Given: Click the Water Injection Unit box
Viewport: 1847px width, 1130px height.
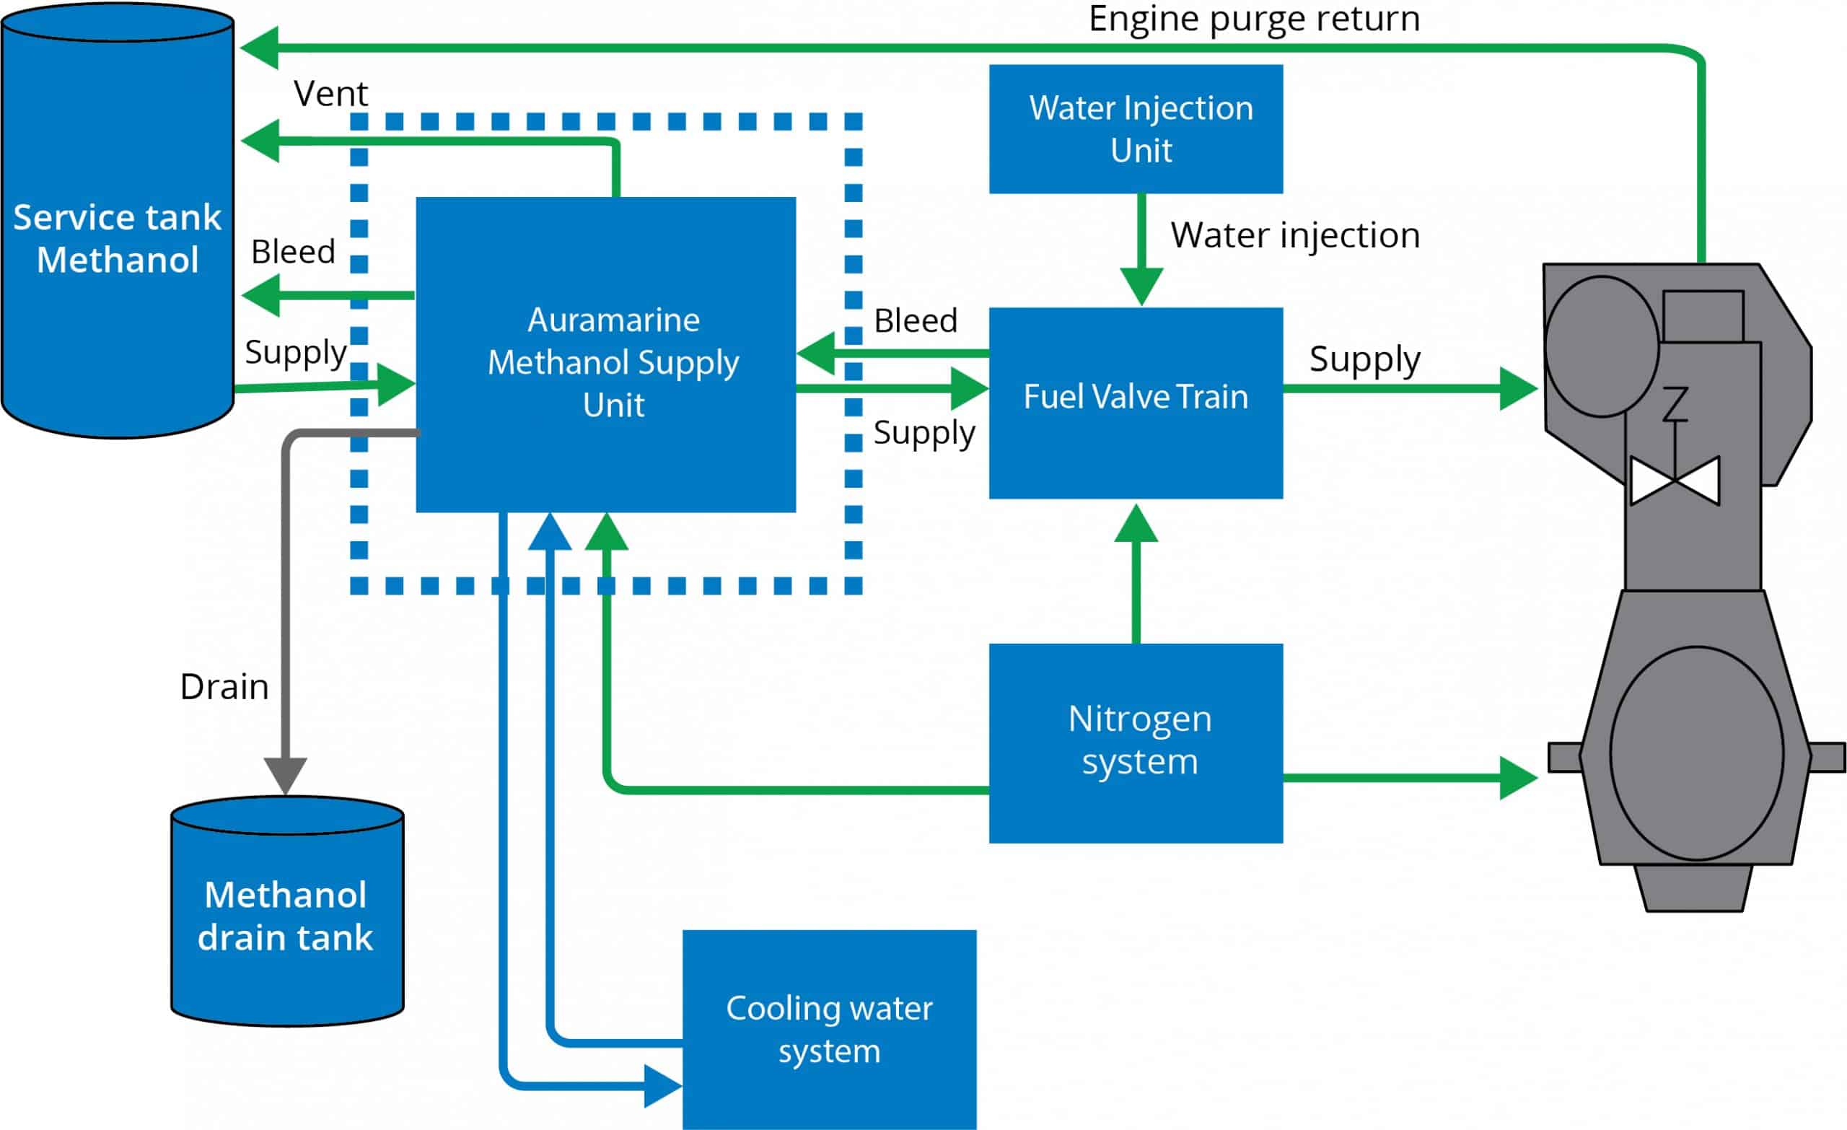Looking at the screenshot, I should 1136,129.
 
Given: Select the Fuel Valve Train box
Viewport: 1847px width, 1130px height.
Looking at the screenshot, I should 1136,403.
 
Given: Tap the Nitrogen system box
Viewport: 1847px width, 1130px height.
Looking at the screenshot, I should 1136,743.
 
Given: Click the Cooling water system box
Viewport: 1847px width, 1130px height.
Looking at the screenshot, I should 829,1029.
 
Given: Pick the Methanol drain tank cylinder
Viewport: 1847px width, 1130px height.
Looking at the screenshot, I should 287,915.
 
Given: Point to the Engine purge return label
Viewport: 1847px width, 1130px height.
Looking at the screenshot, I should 1253,18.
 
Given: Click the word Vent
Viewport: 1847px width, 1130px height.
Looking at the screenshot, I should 330,94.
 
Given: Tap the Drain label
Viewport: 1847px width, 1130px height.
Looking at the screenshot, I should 224,687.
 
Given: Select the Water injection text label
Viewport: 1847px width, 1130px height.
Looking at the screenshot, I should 1294,235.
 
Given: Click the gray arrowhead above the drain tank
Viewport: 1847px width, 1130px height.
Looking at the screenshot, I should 286,774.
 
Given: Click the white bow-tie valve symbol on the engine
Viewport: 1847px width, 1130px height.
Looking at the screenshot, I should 1675,480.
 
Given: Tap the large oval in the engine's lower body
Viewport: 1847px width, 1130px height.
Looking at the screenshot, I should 1696,753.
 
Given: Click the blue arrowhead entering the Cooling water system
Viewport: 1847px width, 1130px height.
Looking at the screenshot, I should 662,1085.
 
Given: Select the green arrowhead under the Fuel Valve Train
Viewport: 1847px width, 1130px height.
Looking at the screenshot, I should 1136,523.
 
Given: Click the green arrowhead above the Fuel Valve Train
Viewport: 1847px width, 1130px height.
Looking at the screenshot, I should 1141,286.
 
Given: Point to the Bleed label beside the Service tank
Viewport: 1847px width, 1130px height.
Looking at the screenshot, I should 293,252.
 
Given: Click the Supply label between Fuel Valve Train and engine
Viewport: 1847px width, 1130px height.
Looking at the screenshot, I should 1364,359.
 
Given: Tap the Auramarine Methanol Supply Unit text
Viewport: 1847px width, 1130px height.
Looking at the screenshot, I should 613,363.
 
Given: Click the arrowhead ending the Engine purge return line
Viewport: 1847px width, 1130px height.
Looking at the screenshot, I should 259,47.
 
